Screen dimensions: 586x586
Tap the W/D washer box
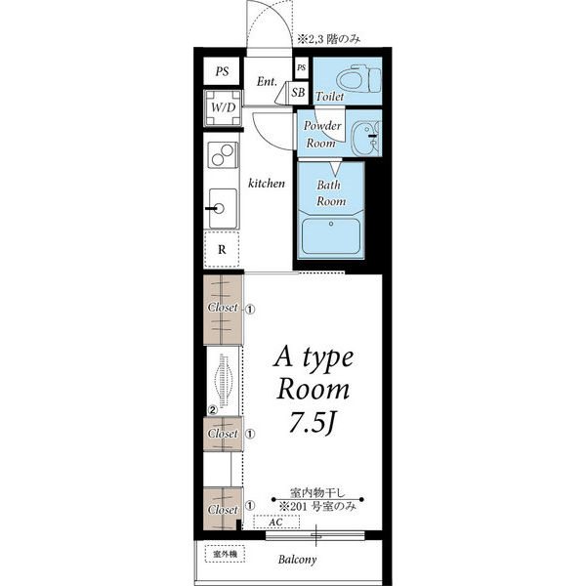tap(223, 108)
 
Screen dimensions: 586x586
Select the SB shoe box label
tap(298, 93)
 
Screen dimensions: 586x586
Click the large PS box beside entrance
tap(222, 71)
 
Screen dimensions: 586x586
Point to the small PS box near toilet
tap(301, 68)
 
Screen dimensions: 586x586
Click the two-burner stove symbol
tap(223, 155)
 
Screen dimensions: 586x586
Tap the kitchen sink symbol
tap(223, 209)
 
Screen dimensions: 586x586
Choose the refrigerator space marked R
tap(222, 249)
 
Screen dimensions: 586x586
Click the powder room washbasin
tap(366, 138)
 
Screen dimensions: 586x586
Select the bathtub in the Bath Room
tap(331, 236)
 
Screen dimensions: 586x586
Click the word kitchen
tap(267, 184)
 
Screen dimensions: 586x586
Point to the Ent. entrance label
tap(267, 81)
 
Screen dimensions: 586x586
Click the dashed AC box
tap(276, 522)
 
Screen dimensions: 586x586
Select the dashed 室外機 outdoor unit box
tap(225, 554)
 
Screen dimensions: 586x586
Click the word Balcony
tap(298, 560)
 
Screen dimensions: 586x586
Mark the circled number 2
tap(212, 410)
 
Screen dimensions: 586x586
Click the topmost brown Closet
tap(223, 310)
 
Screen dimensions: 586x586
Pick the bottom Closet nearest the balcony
tap(223, 509)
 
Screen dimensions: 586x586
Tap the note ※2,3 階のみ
tap(329, 39)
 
